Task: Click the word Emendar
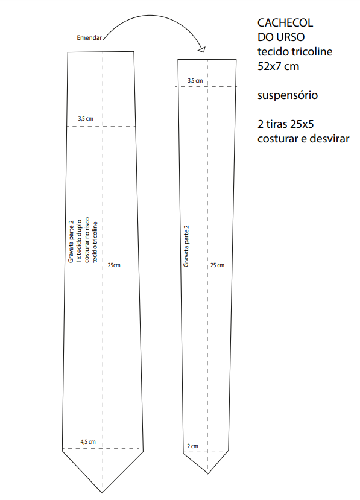[x=89, y=37]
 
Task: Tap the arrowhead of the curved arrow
[x=202, y=49]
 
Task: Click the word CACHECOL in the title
[x=285, y=23]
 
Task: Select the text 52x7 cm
[x=278, y=66]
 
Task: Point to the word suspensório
[x=287, y=95]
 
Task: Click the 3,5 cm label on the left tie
[x=86, y=119]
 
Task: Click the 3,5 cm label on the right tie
[x=195, y=81]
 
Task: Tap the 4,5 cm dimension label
[x=87, y=442]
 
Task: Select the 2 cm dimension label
[x=192, y=446]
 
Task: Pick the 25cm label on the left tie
[x=114, y=265]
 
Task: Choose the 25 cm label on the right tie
[x=217, y=265]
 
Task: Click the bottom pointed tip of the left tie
[x=103, y=493]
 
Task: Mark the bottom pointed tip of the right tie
[x=208, y=473]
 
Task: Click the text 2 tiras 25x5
[x=285, y=124]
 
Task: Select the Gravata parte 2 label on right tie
[x=186, y=246]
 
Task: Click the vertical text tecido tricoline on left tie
[x=95, y=242]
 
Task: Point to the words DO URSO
[x=281, y=37]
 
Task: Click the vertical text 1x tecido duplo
[x=79, y=241]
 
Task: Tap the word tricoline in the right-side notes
[x=313, y=52]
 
